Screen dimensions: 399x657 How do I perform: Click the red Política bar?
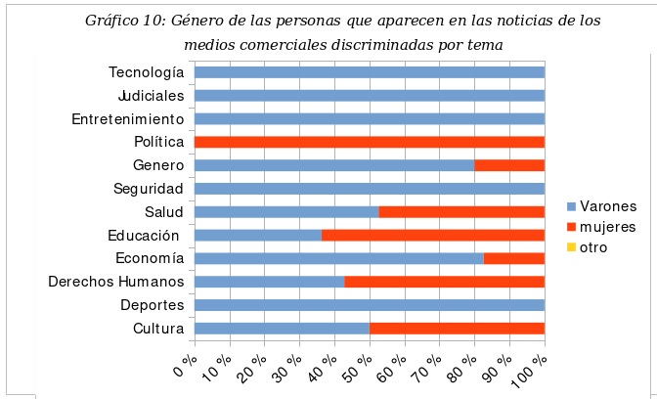tap(370, 142)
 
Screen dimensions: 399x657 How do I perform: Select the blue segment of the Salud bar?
tap(286, 211)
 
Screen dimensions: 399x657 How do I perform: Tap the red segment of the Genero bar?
tap(509, 165)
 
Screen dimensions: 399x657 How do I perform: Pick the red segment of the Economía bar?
tap(514, 258)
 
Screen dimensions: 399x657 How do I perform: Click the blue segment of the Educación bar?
tap(258, 235)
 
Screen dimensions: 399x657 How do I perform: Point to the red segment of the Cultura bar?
tap(457, 329)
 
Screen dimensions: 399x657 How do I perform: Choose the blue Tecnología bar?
tap(370, 72)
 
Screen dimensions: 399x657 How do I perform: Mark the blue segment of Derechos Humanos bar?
tap(270, 282)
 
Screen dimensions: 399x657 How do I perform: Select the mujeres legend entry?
tap(607, 227)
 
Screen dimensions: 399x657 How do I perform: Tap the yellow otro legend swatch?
tap(572, 248)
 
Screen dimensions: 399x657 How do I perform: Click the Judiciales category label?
tap(151, 96)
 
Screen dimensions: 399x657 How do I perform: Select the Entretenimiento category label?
tap(128, 119)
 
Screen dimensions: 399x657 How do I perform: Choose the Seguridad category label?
tap(149, 189)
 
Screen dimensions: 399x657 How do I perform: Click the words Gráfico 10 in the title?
tap(124, 21)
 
